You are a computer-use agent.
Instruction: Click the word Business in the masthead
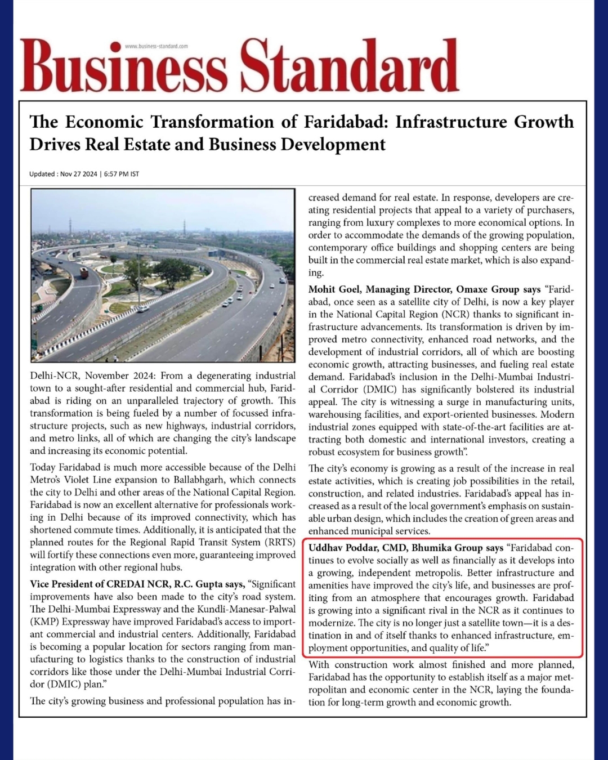click(124, 68)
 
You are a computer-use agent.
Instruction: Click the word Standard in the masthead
click(350, 66)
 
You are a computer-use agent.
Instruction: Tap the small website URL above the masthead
click(156, 46)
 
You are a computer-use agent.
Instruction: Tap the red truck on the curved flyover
click(84, 273)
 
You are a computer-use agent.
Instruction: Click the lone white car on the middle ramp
click(144, 308)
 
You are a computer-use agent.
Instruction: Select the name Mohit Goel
click(334, 289)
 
